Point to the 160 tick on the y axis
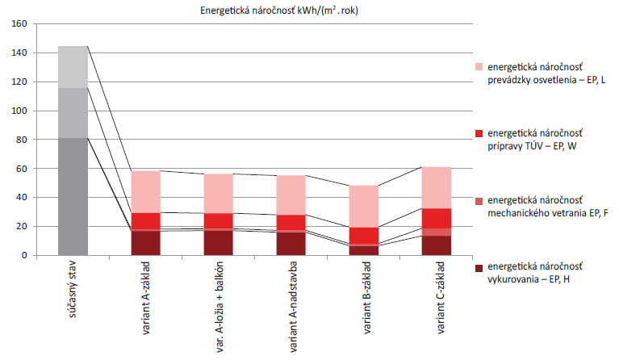tap(19, 24)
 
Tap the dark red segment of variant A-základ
tap(147, 243)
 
